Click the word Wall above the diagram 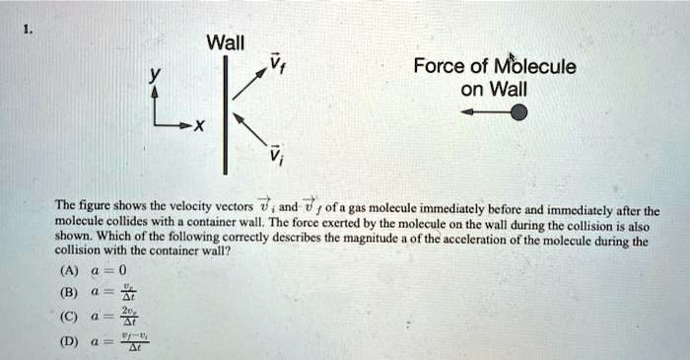pos(226,42)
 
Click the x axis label pos(200,127)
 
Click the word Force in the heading pos(438,68)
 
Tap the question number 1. pos(27,30)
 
